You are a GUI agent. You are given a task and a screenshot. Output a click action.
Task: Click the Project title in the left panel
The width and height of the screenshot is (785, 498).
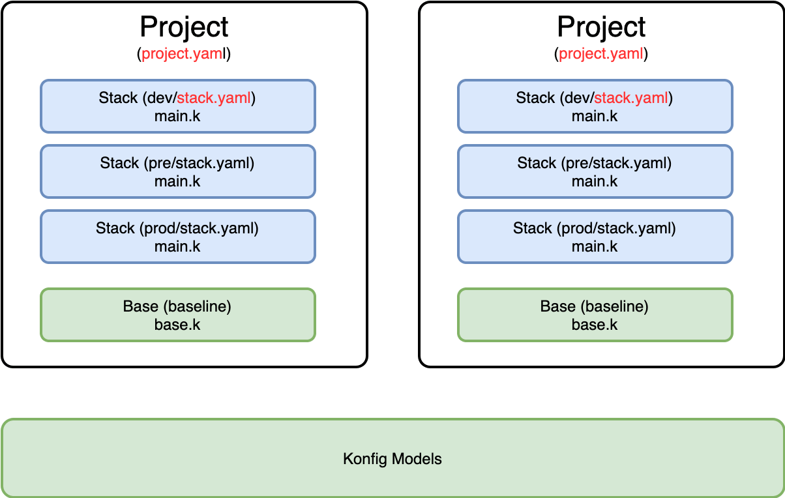pos(184,27)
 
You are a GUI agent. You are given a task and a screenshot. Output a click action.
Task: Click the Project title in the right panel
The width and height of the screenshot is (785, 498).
pos(601,27)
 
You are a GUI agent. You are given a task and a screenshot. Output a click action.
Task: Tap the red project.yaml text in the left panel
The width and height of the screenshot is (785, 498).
pos(183,54)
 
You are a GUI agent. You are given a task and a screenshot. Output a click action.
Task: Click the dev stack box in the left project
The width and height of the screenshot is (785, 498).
pos(178,106)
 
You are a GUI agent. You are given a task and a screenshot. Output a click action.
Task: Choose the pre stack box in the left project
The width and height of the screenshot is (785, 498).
pos(178,171)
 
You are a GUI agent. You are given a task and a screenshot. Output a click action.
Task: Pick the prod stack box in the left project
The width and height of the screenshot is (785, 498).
pos(178,237)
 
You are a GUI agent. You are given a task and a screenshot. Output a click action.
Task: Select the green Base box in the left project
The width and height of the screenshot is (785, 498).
pos(178,315)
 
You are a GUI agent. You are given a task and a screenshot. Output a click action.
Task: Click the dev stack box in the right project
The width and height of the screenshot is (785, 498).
pos(595,106)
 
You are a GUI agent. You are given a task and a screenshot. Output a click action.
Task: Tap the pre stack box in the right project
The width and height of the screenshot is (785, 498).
pos(595,171)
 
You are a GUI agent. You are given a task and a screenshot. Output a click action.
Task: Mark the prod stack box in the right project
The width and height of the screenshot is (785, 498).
pos(595,237)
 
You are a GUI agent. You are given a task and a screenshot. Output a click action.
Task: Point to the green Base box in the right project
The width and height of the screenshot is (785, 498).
pos(595,315)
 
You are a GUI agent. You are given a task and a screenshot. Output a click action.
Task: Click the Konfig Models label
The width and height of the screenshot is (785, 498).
pos(392,459)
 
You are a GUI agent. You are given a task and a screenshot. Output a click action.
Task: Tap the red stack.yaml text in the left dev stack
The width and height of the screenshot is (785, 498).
pos(214,98)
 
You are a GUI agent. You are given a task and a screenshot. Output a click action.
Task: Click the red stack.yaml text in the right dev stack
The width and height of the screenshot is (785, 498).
pos(631,98)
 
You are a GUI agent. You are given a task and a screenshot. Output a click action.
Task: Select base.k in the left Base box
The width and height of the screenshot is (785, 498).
pos(177,325)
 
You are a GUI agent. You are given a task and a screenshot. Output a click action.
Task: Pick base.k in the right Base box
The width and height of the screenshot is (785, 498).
pos(595,325)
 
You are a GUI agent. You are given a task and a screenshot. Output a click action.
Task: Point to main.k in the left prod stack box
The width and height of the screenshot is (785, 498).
pos(177,246)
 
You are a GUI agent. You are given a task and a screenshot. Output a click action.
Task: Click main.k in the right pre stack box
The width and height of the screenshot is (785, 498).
pos(595,181)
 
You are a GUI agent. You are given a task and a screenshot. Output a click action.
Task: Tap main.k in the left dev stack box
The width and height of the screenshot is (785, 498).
pos(177,116)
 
